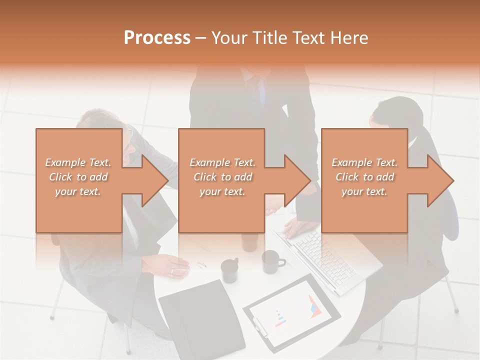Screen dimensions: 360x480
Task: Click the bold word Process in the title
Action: pos(157,38)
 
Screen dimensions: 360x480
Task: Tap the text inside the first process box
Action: pos(78,177)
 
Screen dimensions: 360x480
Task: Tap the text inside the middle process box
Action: pos(222,177)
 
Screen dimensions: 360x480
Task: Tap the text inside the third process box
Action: pos(364,177)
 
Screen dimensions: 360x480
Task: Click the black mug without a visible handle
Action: pos(230,270)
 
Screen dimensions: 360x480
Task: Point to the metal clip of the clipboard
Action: pos(260,327)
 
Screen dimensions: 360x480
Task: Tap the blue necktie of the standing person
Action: pos(262,92)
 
